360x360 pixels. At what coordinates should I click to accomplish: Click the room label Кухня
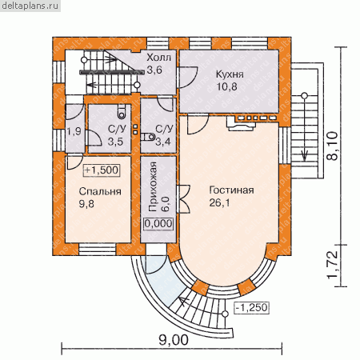[230, 74]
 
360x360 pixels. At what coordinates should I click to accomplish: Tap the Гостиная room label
[231, 190]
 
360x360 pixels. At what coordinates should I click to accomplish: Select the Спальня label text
[100, 191]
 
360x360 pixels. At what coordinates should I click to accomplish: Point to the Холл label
[158, 58]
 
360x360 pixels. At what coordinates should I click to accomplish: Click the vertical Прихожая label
[154, 186]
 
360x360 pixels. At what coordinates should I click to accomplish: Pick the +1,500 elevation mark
[102, 170]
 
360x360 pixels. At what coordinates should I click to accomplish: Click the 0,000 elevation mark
[158, 224]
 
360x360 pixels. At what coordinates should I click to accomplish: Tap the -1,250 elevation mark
[252, 307]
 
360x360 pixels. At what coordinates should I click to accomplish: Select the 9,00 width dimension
[174, 340]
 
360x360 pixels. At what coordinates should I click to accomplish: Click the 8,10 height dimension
[332, 146]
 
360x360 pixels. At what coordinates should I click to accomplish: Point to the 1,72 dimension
[332, 264]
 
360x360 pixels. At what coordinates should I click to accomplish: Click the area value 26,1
[219, 203]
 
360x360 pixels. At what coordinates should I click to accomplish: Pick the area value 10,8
[226, 86]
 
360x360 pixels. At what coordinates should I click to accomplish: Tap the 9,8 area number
[86, 204]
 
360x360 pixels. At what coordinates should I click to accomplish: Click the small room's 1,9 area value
[74, 131]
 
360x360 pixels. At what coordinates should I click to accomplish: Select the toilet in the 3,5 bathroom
[122, 113]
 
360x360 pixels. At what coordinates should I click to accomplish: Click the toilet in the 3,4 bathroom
[148, 137]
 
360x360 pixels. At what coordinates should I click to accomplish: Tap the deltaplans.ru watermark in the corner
[30, 6]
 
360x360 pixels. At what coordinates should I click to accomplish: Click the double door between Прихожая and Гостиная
[183, 198]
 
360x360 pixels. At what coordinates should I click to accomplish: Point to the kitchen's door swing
[188, 78]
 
